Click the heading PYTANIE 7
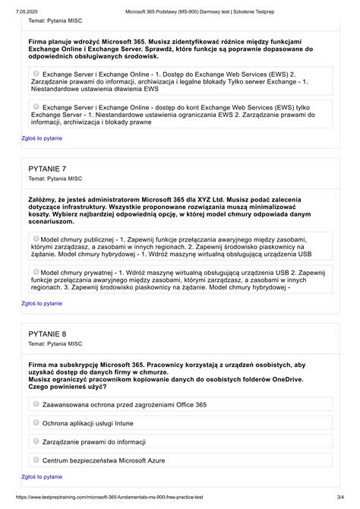pyautogui.click(x=47, y=168)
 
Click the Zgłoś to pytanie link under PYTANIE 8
pyautogui.click(x=42, y=476)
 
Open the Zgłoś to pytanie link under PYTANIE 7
pyautogui.click(x=42, y=302)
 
